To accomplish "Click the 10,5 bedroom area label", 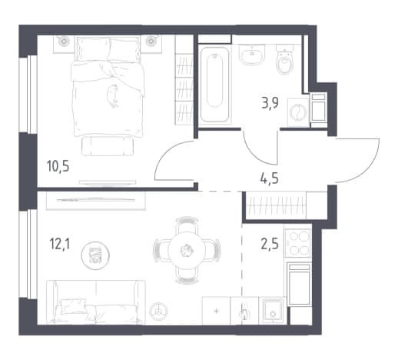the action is coord(58,166).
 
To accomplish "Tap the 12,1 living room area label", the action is coord(59,244).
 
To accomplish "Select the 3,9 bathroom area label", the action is coord(270,103).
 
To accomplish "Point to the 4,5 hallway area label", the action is coord(269,178).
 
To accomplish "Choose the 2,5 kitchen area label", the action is coord(270,244).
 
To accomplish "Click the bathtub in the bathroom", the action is coord(214,85).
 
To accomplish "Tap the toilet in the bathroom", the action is coord(284,59).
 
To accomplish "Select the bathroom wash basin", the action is coord(252,54).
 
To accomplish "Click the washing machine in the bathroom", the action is coord(298,112).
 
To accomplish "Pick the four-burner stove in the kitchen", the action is coord(298,242).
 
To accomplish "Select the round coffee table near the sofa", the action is coord(95,255).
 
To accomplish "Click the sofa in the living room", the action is coord(96,302).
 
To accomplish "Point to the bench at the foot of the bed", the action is coord(108,145).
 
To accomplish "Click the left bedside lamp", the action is coord(63,41).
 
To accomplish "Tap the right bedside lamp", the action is coord(151,41).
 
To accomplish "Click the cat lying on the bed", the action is coord(113,96).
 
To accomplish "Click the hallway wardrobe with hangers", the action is coord(276,205).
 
